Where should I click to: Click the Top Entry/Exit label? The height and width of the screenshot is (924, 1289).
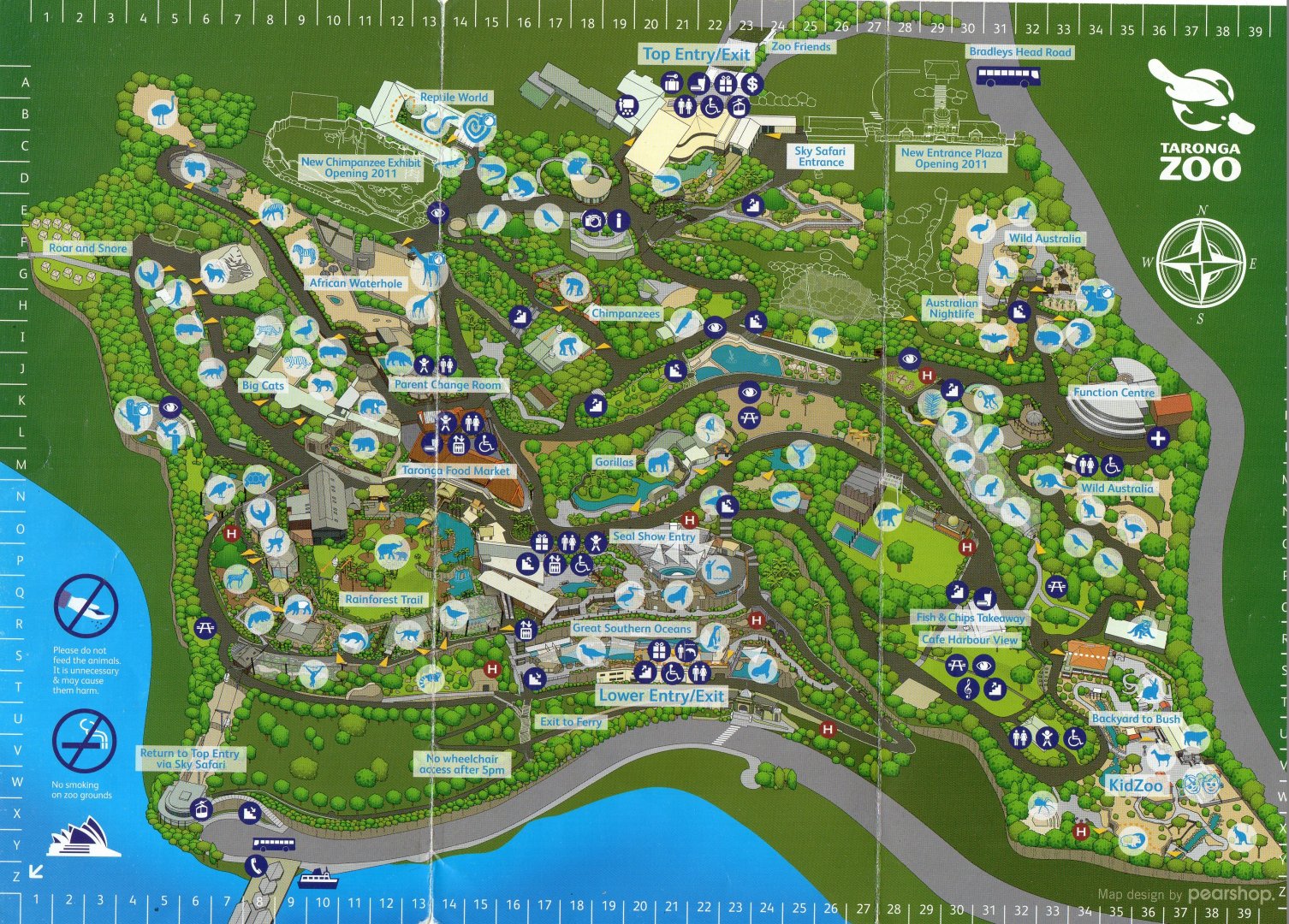pyautogui.click(x=696, y=54)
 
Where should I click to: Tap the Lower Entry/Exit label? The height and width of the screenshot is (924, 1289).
pyautogui.click(x=661, y=696)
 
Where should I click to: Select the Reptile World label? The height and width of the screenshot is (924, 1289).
pyautogui.click(x=454, y=98)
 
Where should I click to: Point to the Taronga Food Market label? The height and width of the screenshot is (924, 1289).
pyautogui.click(x=455, y=471)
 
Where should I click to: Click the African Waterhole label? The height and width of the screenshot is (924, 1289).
pyautogui.click(x=355, y=283)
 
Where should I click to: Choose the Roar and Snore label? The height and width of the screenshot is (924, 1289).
pyautogui.click(x=87, y=248)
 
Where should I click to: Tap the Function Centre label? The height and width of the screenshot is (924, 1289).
pyautogui.click(x=1114, y=392)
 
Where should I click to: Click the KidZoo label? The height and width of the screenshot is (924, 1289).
pyautogui.click(x=1135, y=785)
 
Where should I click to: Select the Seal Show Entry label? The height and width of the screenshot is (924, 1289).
pyautogui.click(x=654, y=536)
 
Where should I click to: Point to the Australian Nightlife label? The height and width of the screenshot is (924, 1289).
pyautogui.click(x=951, y=308)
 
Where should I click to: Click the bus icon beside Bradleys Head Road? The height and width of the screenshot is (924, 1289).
pyautogui.click(x=1008, y=77)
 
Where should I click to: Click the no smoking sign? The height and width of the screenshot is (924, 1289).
pyautogui.click(x=84, y=741)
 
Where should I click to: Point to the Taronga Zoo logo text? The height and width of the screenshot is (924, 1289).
pyautogui.click(x=1200, y=161)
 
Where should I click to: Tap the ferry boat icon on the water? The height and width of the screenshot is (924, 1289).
pyautogui.click(x=318, y=878)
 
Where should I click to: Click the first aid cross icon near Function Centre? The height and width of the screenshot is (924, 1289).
pyautogui.click(x=1157, y=439)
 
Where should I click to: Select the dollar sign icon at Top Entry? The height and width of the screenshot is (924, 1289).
pyautogui.click(x=751, y=84)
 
